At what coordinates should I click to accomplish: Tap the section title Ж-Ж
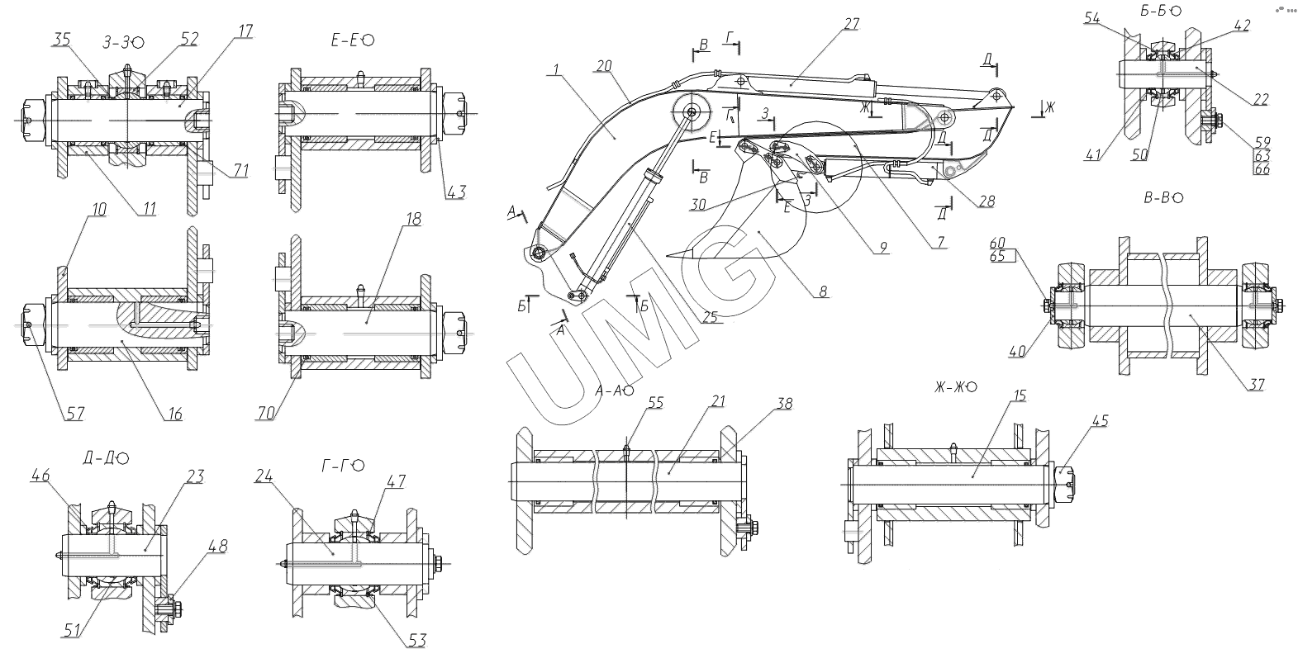[949, 386]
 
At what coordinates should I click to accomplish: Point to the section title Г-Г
[336, 466]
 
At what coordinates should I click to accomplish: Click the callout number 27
[851, 24]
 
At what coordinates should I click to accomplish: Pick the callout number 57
[75, 413]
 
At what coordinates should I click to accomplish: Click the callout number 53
[417, 640]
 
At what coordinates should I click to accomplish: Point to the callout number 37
[1257, 384]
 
